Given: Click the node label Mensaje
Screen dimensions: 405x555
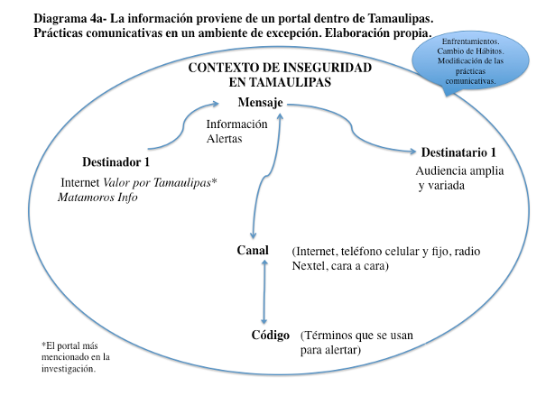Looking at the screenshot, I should coord(262,104).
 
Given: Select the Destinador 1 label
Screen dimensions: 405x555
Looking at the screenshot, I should coord(116,162).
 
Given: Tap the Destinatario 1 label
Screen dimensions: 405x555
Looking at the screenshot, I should coord(460,152).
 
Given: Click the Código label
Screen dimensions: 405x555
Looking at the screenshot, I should coord(271,335).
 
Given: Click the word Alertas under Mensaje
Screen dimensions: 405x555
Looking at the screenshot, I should coord(226,140).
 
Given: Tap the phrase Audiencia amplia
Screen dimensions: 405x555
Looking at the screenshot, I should coord(459,170).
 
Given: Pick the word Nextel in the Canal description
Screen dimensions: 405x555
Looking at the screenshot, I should coord(310,267).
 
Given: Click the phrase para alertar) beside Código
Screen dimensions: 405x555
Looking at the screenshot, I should coord(331,350).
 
